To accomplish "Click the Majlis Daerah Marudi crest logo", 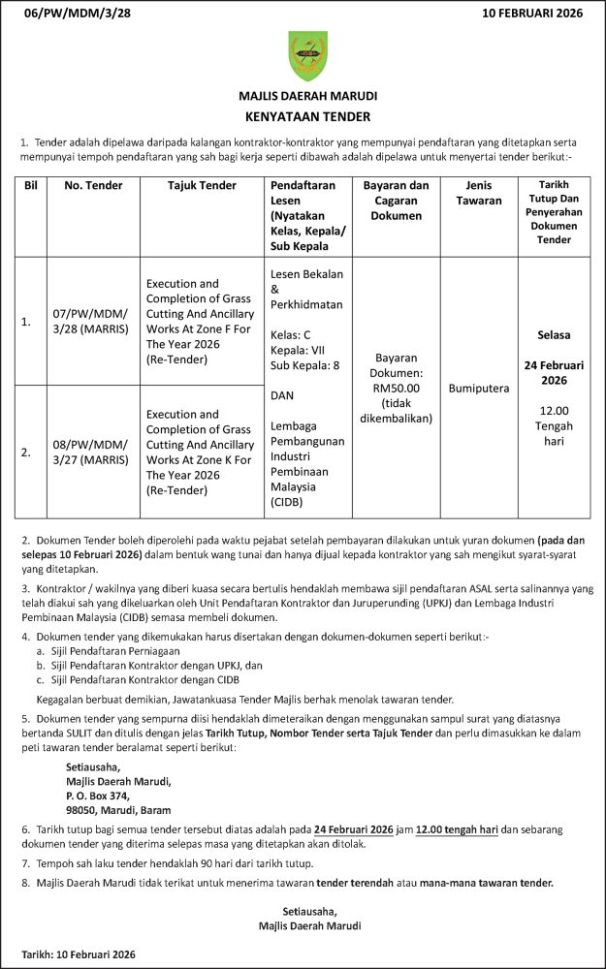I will (307, 56).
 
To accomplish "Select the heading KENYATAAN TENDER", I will (307, 117).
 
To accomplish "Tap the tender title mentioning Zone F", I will (200, 321).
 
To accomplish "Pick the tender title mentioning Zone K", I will (200, 452).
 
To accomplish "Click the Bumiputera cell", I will (478, 388).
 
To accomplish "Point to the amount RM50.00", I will (396, 388).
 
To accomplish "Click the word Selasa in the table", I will (554, 335).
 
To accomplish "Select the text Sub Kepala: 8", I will (304, 366).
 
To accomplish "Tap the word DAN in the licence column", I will (283, 395).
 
